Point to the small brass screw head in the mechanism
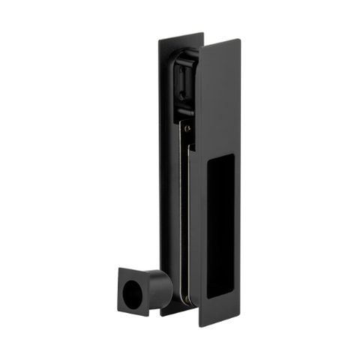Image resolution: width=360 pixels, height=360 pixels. click(x=187, y=128)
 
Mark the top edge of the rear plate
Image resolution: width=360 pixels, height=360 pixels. click(x=180, y=36)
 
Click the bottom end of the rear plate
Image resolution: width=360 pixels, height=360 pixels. click(x=169, y=313)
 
